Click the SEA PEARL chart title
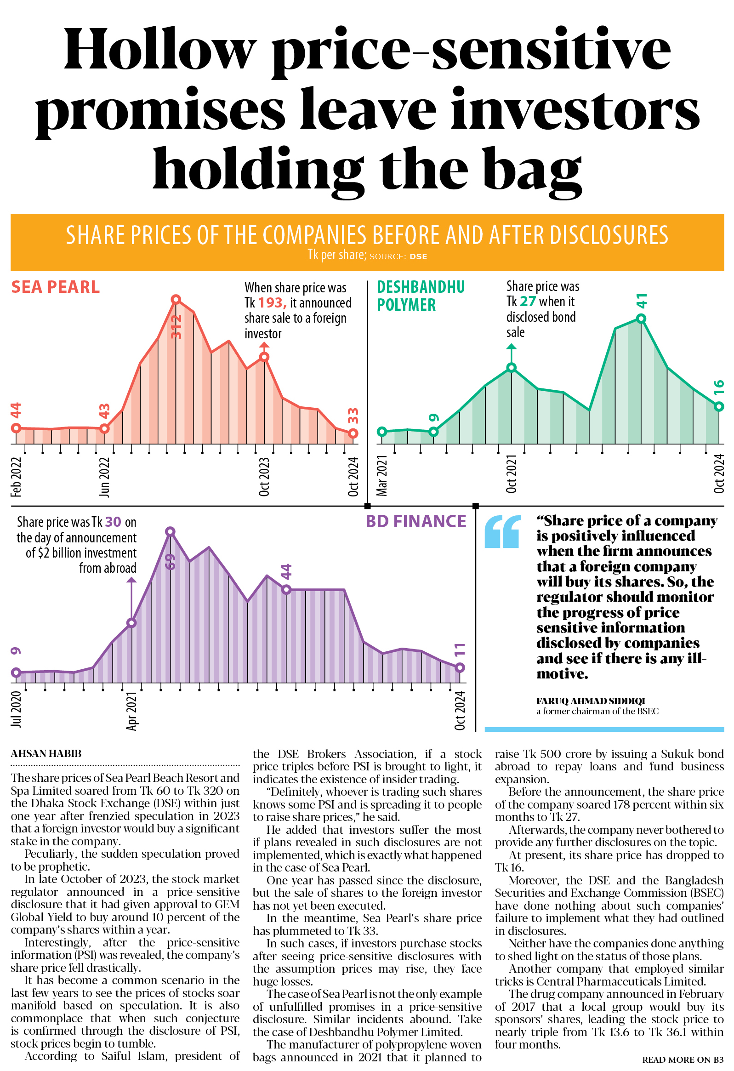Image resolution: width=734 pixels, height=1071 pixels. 55,287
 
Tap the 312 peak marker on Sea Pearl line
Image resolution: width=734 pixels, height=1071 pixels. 176,300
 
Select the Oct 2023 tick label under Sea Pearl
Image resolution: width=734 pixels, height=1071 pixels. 264,477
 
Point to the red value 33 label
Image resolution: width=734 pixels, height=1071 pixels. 353,416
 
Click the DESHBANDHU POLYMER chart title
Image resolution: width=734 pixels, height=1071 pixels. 420,296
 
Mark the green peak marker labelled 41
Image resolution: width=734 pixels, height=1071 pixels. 641,319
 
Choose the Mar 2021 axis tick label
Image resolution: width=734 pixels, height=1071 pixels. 382,475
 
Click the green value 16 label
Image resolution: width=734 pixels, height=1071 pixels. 719,387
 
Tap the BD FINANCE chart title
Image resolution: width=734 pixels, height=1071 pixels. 415,521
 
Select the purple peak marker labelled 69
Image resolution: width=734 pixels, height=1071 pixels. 170,532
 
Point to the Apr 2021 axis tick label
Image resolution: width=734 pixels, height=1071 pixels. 132,711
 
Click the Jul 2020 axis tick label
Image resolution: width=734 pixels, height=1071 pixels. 16,709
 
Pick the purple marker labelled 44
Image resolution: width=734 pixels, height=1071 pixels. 287,589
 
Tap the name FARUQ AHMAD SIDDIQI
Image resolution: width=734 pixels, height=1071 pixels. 590,701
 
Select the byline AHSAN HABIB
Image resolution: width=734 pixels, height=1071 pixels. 46,753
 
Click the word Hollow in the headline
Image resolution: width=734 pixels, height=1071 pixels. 159,50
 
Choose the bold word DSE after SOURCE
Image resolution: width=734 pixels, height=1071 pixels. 418,256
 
